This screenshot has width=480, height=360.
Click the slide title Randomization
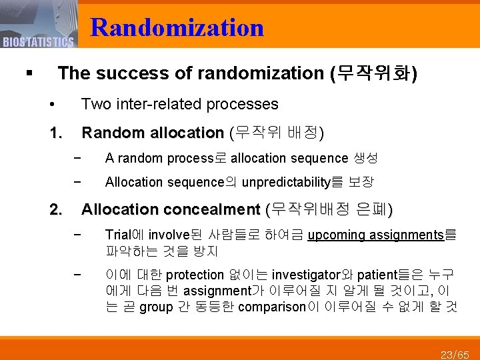[x=177, y=27]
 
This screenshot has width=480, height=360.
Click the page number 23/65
[x=456, y=353]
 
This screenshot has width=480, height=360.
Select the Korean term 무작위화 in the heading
[x=374, y=73]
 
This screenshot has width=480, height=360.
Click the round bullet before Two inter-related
[x=52, y=105]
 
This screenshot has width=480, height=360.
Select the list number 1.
[x=55, y=133]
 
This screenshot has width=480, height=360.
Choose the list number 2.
[x=55, y=210]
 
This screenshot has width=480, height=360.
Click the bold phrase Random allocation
[x=152, y=133]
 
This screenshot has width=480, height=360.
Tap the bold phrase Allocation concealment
[x=170, y=210]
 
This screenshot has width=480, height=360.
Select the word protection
[x=194, y=275]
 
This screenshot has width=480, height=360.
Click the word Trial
[x=119, y=235]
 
